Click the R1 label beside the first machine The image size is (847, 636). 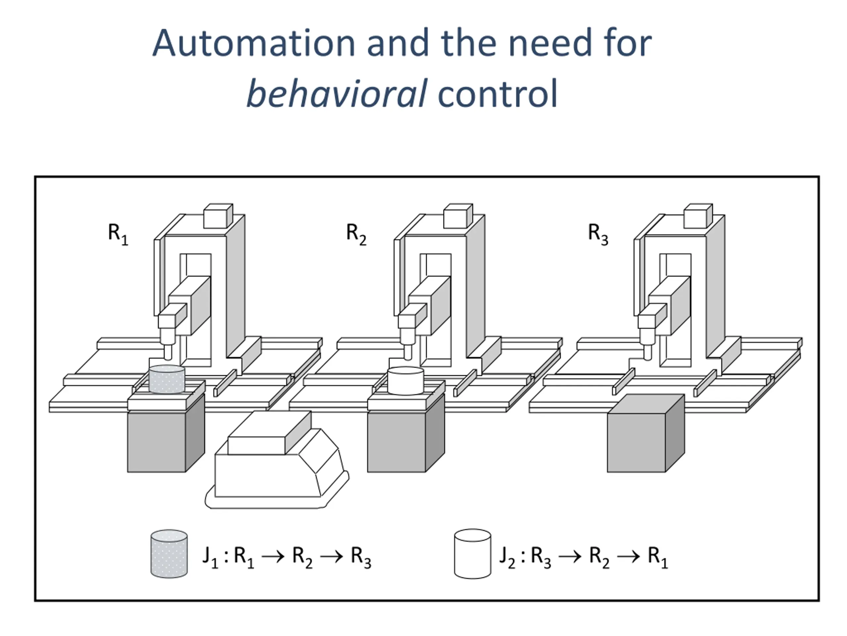tap(118, 234)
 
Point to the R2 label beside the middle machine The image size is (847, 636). tap(356, 234)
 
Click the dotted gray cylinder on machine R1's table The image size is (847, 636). tap(166, 379)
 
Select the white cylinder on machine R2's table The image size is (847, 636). tap(406, 381)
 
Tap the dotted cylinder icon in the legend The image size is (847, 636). tap(169, 554)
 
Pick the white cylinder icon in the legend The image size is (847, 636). tap(472, 554)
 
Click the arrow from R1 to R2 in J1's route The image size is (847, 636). tap(273, 556)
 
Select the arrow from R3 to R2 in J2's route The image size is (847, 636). tap(570, 556)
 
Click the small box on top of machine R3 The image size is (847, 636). tap(698, 216)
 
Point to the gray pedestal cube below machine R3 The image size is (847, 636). tap(645, 437)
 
